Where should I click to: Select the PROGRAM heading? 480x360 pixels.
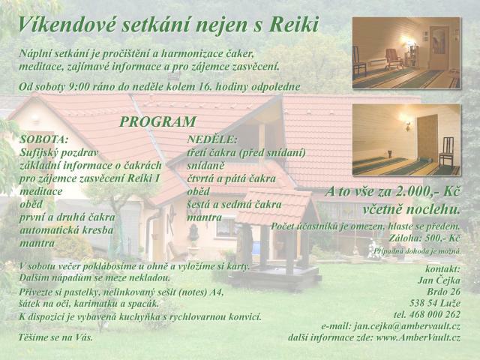(157, 121)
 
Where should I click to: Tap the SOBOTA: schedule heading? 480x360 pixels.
(43, 139)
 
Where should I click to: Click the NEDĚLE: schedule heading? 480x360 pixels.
(212, 139)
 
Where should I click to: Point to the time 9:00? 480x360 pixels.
(79, 87)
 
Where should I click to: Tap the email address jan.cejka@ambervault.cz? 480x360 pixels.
(407, 326)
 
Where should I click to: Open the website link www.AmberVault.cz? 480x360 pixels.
(418, 337)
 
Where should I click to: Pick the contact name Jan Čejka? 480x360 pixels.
(439, 280)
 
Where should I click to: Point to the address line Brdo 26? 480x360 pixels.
(443, 292)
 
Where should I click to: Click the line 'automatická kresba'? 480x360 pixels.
(67, 230)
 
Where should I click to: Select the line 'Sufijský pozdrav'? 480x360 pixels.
(58, 153)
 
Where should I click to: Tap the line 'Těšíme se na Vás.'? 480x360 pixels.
(55, 337)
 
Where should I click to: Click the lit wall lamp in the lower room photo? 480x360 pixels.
(407, 124)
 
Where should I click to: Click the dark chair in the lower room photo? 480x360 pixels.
(447, 152)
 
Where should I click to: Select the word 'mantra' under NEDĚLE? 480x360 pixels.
(204, 217)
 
